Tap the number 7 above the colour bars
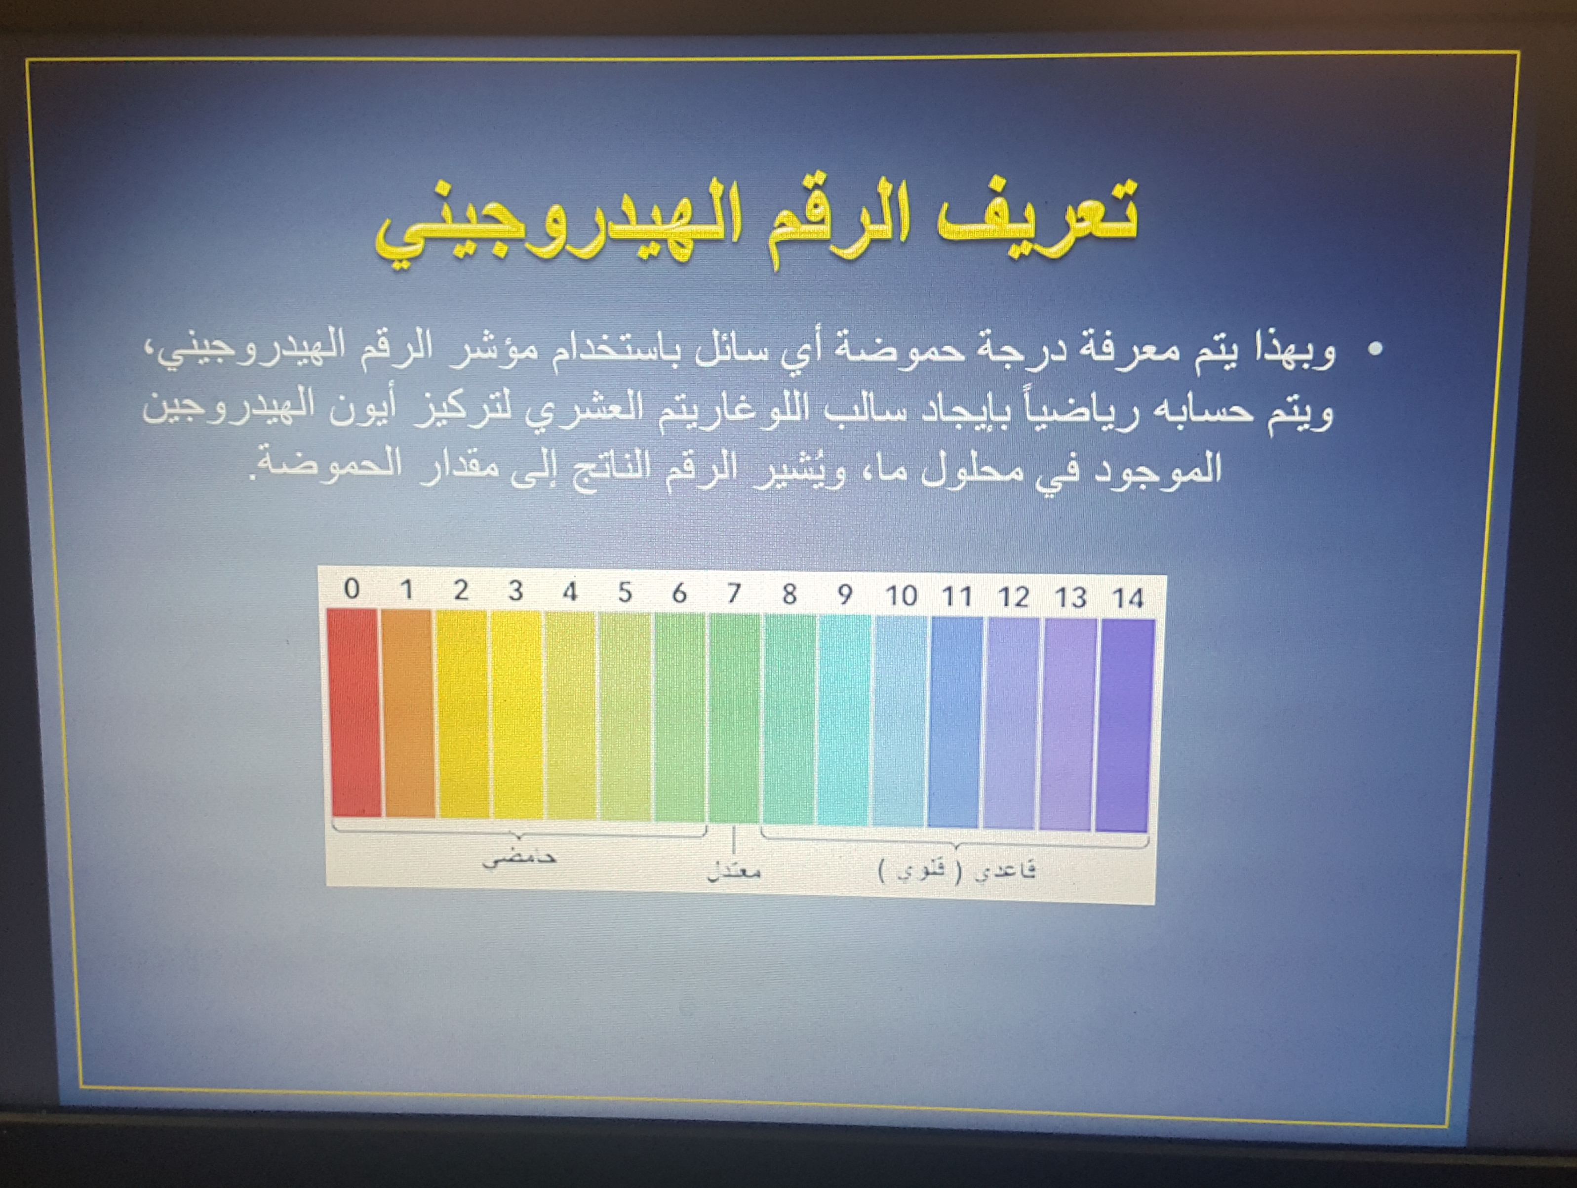pos(734,593)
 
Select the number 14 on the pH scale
pos(1128,597)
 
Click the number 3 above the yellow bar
pos(515,591)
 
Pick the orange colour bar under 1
pos(408,713)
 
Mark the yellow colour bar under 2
pos(463,714)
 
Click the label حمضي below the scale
pos(519,858)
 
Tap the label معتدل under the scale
pos(734,871)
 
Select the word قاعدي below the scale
pos(1005,871)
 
